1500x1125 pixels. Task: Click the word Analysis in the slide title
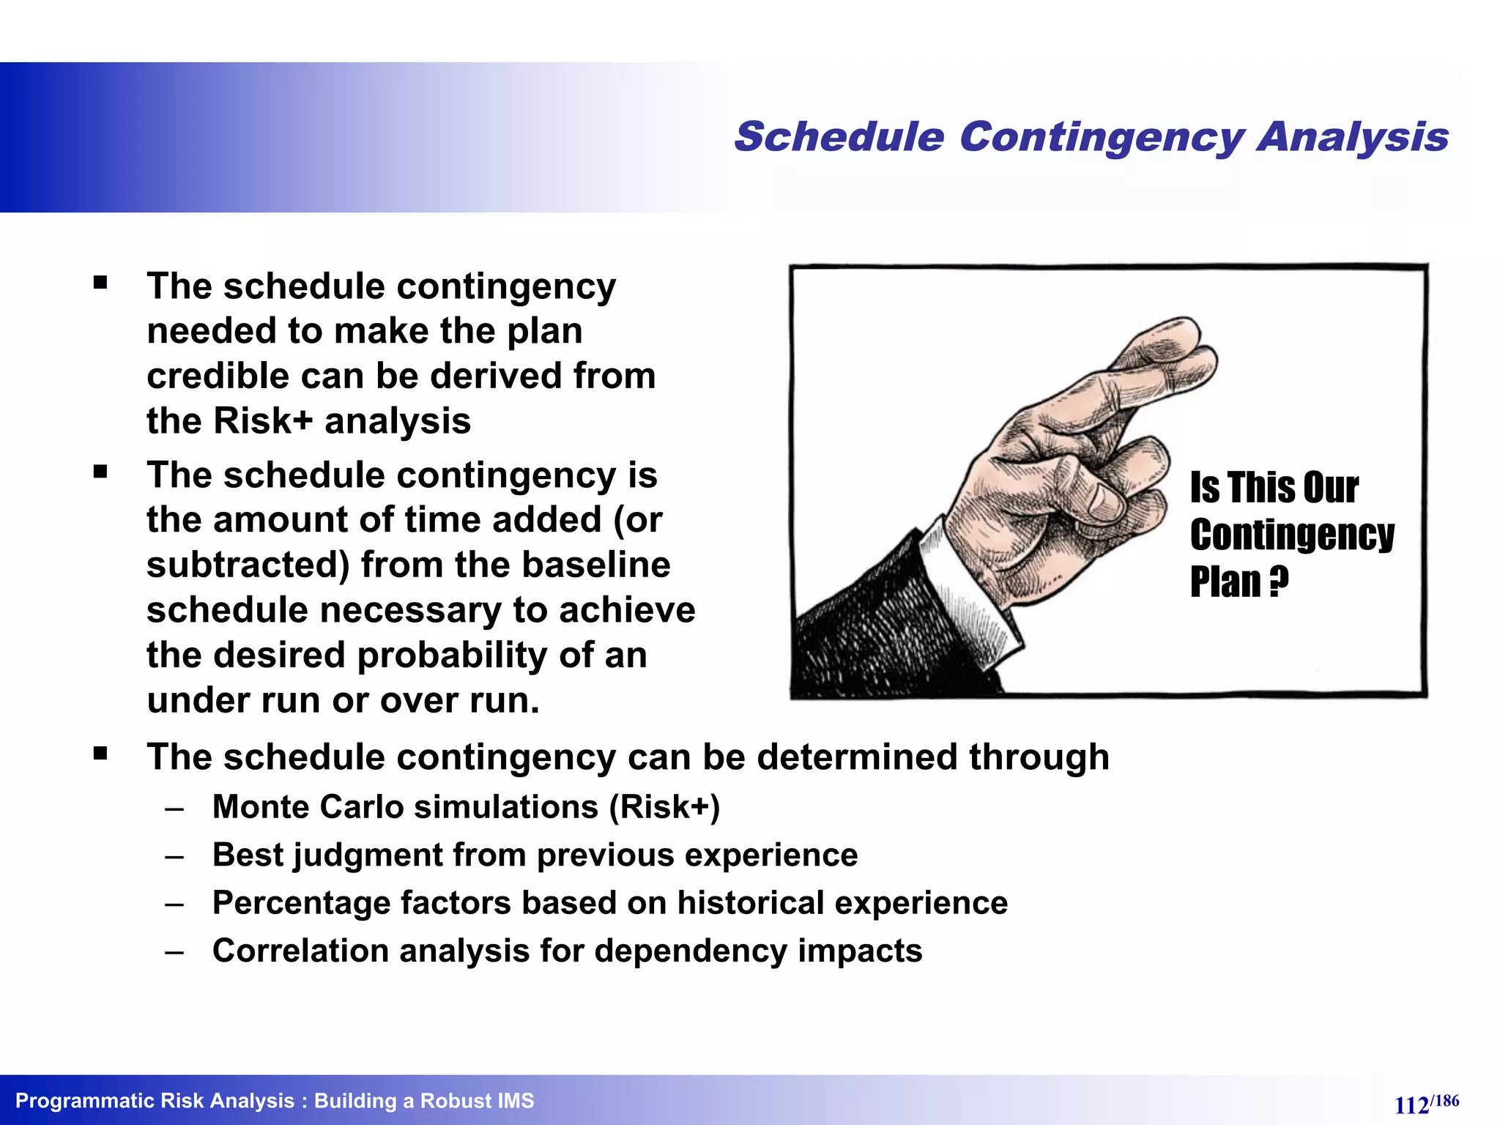pyautogui.click(x=1353, y=138)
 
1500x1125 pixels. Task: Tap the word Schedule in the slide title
pyautogui.click(x=839, y=138)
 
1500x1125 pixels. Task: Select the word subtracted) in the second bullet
pyautogui.click(x=248, y=565)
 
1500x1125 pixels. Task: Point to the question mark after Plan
pyautogui.click(x=1277, y=582)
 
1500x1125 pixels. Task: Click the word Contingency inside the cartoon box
pyautogui.click(x=1291, y=535)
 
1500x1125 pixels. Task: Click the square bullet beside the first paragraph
pyautogui.click(x=100, y=283)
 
